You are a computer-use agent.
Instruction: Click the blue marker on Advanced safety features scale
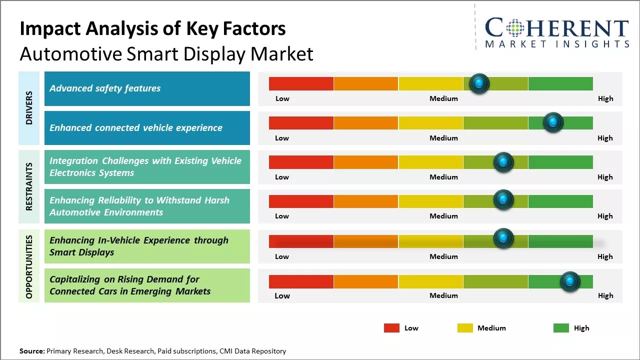point(479,83)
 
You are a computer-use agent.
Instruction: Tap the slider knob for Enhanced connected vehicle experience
point(553,122)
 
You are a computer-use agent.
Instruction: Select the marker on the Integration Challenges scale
point(503,162)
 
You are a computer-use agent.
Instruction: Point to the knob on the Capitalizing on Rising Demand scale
point(569,281)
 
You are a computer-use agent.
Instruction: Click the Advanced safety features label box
point(147,88)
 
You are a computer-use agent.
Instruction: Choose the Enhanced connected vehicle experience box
point(147,128)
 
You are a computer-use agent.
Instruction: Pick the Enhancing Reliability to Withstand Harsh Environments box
point(147,206)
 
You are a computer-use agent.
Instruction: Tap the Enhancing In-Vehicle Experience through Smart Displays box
point(147,246)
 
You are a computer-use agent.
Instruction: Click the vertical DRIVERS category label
point(29,108)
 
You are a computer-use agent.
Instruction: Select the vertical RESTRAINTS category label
point(29,186)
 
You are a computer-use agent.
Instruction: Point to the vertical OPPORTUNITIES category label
point(29,266)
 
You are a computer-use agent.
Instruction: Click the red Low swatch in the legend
point(391,328)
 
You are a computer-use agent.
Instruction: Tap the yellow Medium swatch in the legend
point(465,328)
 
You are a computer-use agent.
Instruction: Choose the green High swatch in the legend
point(561,328)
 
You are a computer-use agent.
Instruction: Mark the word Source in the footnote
point(31,351)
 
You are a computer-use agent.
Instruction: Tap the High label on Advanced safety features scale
point(605,98)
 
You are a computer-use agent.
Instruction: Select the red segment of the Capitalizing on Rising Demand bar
point(301,281)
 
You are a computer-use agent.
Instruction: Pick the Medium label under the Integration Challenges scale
point(443,177)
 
